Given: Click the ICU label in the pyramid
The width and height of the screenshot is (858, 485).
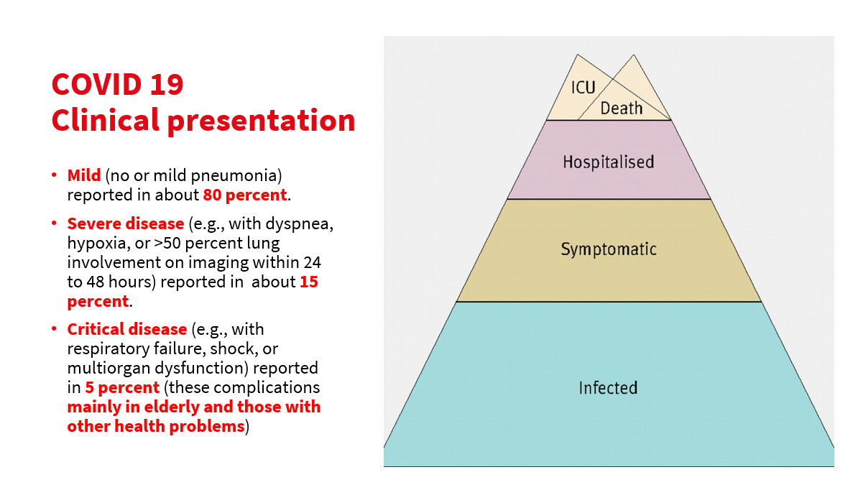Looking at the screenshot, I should tap(583, 88).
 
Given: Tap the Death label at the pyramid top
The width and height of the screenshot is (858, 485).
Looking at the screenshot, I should tap(622, 108).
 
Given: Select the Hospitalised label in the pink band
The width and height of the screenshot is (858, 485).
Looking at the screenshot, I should tap(608, 162).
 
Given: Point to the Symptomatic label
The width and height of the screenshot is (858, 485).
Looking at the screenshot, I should tap(608, 250).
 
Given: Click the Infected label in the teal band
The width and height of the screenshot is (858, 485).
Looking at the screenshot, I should tap(608, 388).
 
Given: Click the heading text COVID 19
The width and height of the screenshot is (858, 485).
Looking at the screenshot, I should tap(117, 85).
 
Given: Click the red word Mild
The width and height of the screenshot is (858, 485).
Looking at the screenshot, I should tap(84, 175).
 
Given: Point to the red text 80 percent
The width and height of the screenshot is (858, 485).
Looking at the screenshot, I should tap(245, 195).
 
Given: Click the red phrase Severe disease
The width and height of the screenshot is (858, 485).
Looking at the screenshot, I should tap(126, 223).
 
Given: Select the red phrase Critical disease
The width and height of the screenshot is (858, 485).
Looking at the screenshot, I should tap(127, 329).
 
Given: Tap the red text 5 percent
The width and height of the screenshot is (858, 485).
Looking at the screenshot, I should tap(122, 387).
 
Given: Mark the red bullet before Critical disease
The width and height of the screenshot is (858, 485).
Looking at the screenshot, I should tap(54, 329).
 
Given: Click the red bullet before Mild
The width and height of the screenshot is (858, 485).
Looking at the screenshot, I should tap(54, 175).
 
